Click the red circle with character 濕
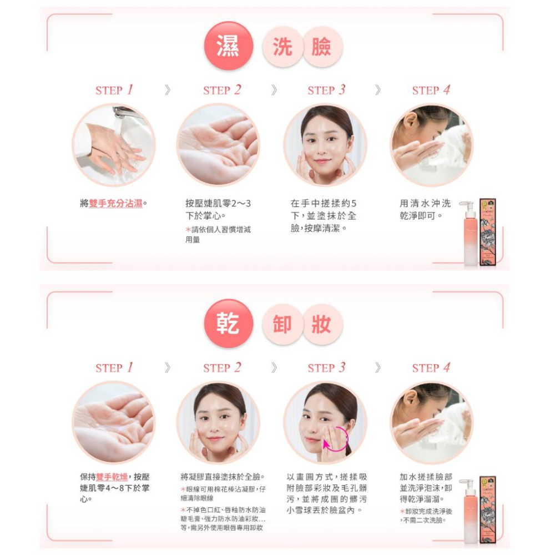(228, 47)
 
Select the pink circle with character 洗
(282, 47)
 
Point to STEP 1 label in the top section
(114, 90)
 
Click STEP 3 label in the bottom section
(326, 367)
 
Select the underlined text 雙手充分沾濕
(115, 204)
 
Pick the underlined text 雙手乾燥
(112, 477)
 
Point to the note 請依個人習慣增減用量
(218, 234)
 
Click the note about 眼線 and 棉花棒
(223, 493)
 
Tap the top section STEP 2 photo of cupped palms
(218, 145)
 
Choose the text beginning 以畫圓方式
(326, 493)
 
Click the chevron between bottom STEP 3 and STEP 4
(378, 367)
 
